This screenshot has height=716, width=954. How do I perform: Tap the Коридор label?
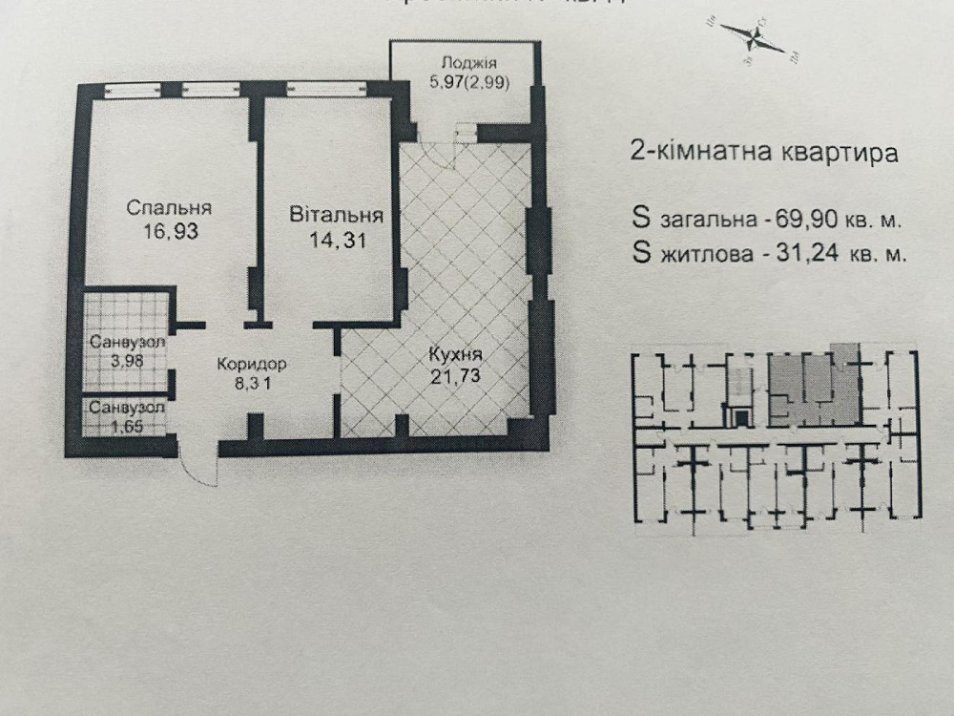point(251,364)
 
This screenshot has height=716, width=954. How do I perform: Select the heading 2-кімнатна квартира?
point(764,155)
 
